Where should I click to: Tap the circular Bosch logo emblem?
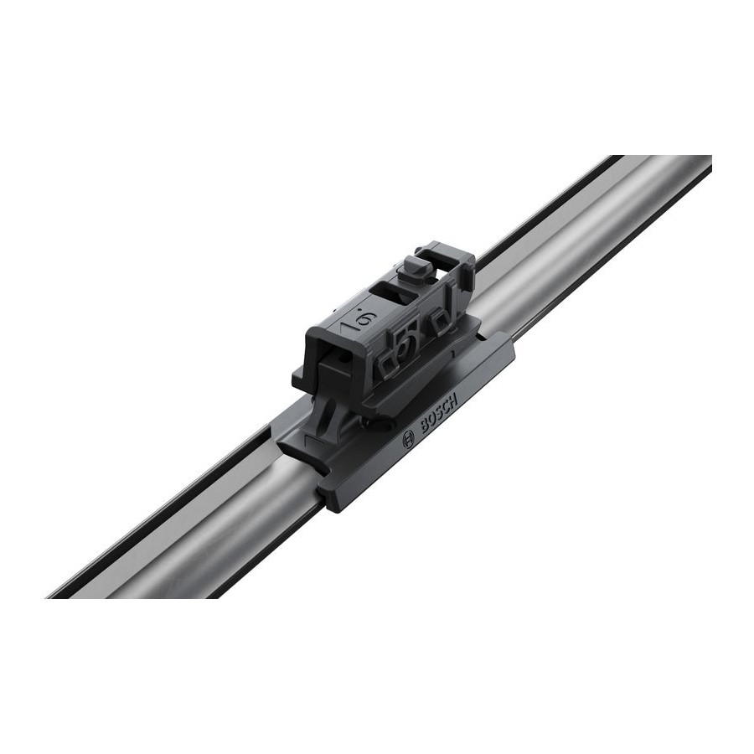pos(408,437)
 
